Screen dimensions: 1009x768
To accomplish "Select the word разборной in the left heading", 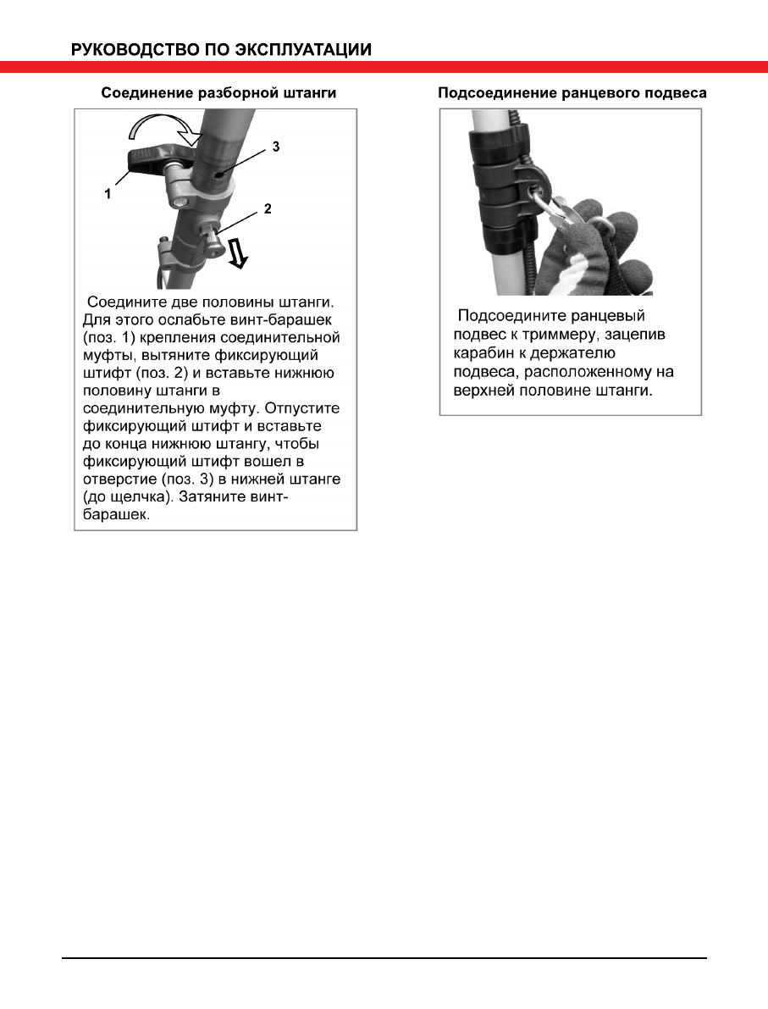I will (x=219, y=94).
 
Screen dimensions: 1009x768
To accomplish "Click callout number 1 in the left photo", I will (x=108, y=193).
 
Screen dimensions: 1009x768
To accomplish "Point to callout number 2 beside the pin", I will (x=267, y=208).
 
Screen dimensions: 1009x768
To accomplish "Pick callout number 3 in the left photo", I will (x=275, y=147).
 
